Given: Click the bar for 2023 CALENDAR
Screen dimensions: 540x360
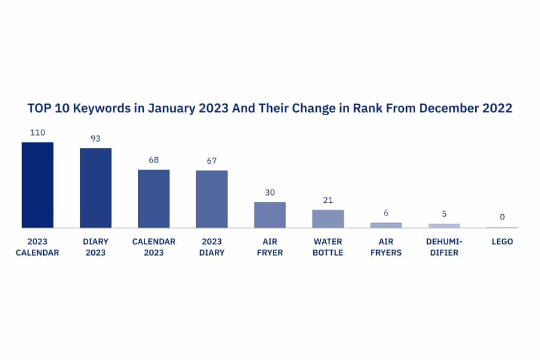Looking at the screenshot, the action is pyautogui.click(x=38, y=185).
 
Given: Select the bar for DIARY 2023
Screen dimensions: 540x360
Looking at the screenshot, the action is pyautogui.click(x=96, y=188).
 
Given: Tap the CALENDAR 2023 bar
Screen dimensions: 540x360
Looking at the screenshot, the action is pyautogui.click(x=154, y=199).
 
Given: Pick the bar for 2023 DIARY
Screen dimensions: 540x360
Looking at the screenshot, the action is pyautogui.click(x=212, y=199).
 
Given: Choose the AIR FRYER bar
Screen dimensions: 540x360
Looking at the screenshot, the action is pyautogui.click(x=270, y=215).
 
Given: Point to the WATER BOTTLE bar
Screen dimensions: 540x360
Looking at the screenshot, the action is pyautogui.click(x=328, y=219).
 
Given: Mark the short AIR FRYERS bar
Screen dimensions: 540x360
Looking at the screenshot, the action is pyautogui.click(x=386, y=226).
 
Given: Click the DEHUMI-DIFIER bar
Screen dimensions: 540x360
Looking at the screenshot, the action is pyautogui.click(x=444, y=226).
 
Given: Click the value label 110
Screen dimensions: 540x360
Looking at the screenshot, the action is pyautogui.click(x=38, y=133).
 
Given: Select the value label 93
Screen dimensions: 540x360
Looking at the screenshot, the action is pyautogui.click(x=96, y=139).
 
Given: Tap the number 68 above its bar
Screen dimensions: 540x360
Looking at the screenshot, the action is pyautogui.click(x=154, y=160).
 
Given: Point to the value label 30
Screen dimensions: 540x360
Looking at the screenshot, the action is pyautogui.click(x=270, y=193).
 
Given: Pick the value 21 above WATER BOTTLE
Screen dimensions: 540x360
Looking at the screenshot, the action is pyautogui.click(x=328, y=200).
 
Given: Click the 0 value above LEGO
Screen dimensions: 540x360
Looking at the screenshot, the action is pyautogui.click(x=502, y=217).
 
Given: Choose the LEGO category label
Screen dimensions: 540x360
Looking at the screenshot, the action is pyautogui.click(x=502, y=241).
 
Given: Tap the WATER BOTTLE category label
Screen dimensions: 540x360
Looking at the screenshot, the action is pyautogui.click(x=328, y=247).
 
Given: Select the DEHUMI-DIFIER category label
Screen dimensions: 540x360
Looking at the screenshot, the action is pyautogui.click(x=444, y=247).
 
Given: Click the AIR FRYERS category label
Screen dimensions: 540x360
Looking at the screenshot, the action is pyautogui.click(x=386, y=247).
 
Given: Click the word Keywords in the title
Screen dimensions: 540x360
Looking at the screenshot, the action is pyautogui.click(x=102, y=109).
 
